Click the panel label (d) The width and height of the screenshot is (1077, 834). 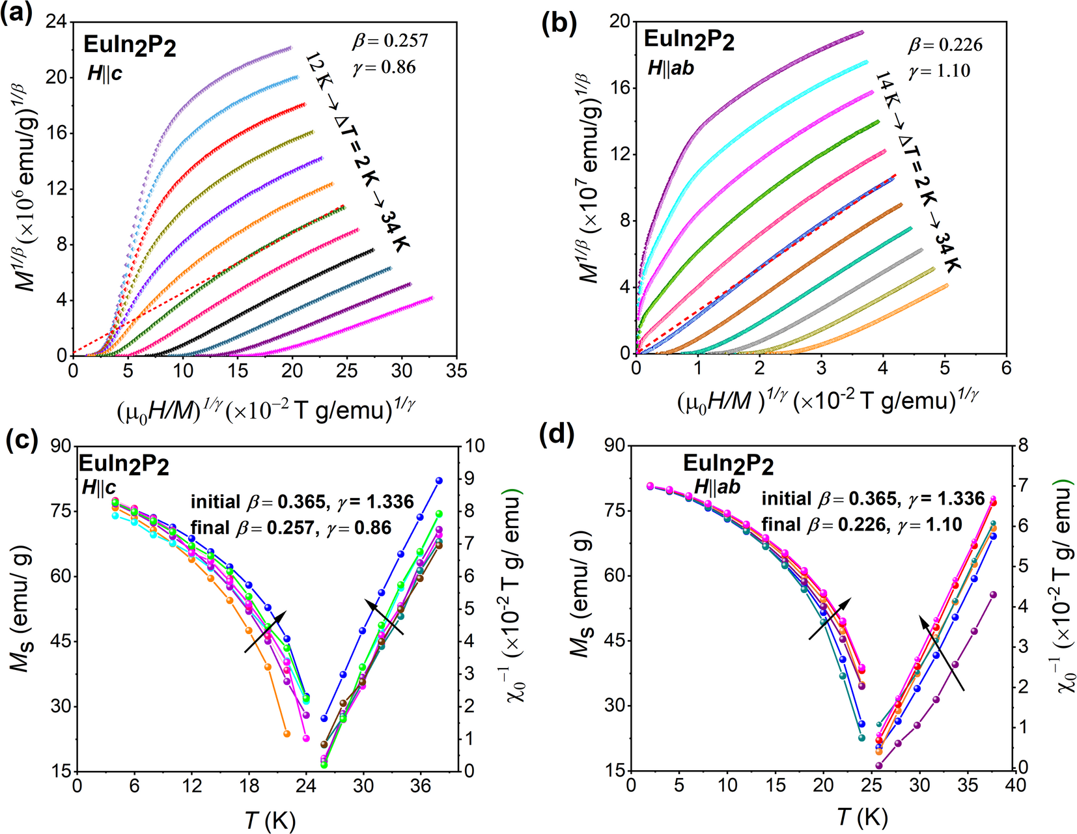click(558, 435)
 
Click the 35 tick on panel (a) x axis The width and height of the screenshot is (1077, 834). click(456, 371)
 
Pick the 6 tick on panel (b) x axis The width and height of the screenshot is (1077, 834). click(1006, 368)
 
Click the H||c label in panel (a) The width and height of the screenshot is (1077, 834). click(105, 74)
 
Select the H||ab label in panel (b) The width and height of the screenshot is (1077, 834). click(670, 68)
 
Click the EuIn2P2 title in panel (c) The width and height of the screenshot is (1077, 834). click(124, 464)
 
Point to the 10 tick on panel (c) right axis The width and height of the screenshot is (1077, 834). click(475, 446)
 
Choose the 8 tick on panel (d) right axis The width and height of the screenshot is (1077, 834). click(1023, 446)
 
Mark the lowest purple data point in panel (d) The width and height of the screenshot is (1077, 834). click(878, 766)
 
